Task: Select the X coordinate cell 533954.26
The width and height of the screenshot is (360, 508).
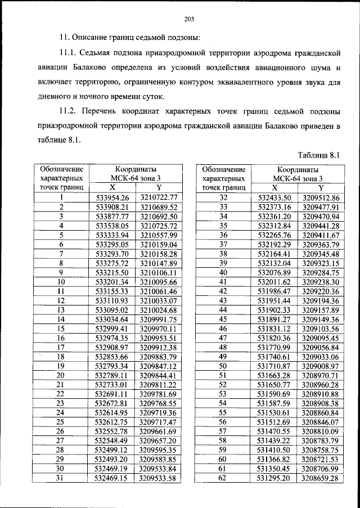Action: pyautogui.click(x=112, y=197)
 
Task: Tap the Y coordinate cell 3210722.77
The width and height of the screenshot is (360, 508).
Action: pyautogui.click(x=159, y=197)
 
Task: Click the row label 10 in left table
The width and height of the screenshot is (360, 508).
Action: pyautogui.click(x=61, y=282)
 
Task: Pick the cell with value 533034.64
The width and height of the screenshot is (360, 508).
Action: pyautogui.click(x=112, y=319)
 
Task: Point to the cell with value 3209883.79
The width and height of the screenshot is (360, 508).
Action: pyautogui.click(x=159, y=357)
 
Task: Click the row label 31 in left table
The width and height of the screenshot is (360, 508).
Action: pyautogui.click(x=61, y=478)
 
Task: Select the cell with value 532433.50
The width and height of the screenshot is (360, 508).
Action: pyautogui.click(x=274, y=197)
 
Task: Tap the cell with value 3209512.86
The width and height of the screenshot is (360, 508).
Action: pyautogui.click(x=321, y=197)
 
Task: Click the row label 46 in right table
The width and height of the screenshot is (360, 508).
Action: pyautogui.click(x=223, y=329)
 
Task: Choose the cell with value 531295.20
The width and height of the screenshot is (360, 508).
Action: pyautogui.click(x=274, y=478)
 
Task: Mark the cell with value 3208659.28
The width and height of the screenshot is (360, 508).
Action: pyautogui.click(x=321, y=478)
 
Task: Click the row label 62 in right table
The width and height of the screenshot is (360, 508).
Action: pyautogui.click(x=223, y=478)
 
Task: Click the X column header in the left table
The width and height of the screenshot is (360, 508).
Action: pyautogui.click(x=112, y=188)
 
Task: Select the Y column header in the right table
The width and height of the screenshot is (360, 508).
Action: pyautogui.click(x=321, y=188)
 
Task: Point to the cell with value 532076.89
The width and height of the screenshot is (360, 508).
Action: pyautogui.click(x=274, y=272)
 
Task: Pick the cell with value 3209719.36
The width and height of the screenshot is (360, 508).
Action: pyautogui.click(x=159, y=413)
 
